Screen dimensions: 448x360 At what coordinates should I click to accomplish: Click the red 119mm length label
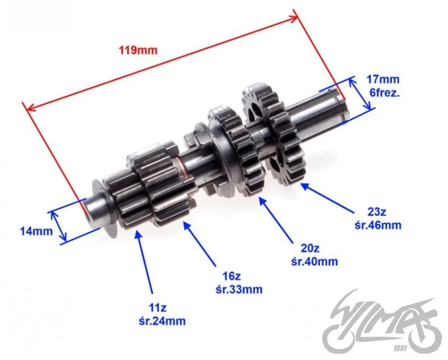138,50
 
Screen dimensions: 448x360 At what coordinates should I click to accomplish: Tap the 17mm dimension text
383,79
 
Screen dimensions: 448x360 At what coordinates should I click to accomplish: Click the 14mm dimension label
37,231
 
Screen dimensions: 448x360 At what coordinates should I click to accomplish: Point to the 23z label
377,212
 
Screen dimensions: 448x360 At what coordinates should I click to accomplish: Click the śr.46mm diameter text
378,226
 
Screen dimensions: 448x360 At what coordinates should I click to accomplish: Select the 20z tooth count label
310,248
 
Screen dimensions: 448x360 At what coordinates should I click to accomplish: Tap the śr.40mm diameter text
314,262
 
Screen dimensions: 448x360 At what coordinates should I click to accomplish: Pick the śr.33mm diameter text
239,289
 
